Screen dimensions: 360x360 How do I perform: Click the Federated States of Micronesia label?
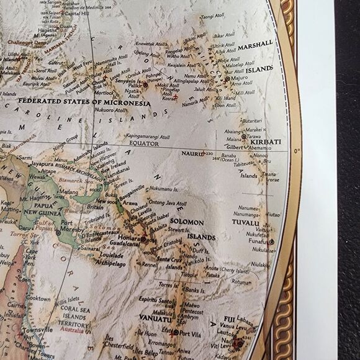point(84,101)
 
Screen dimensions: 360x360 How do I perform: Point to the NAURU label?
point(192,152)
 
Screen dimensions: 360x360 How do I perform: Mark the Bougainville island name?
point(129,188)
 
